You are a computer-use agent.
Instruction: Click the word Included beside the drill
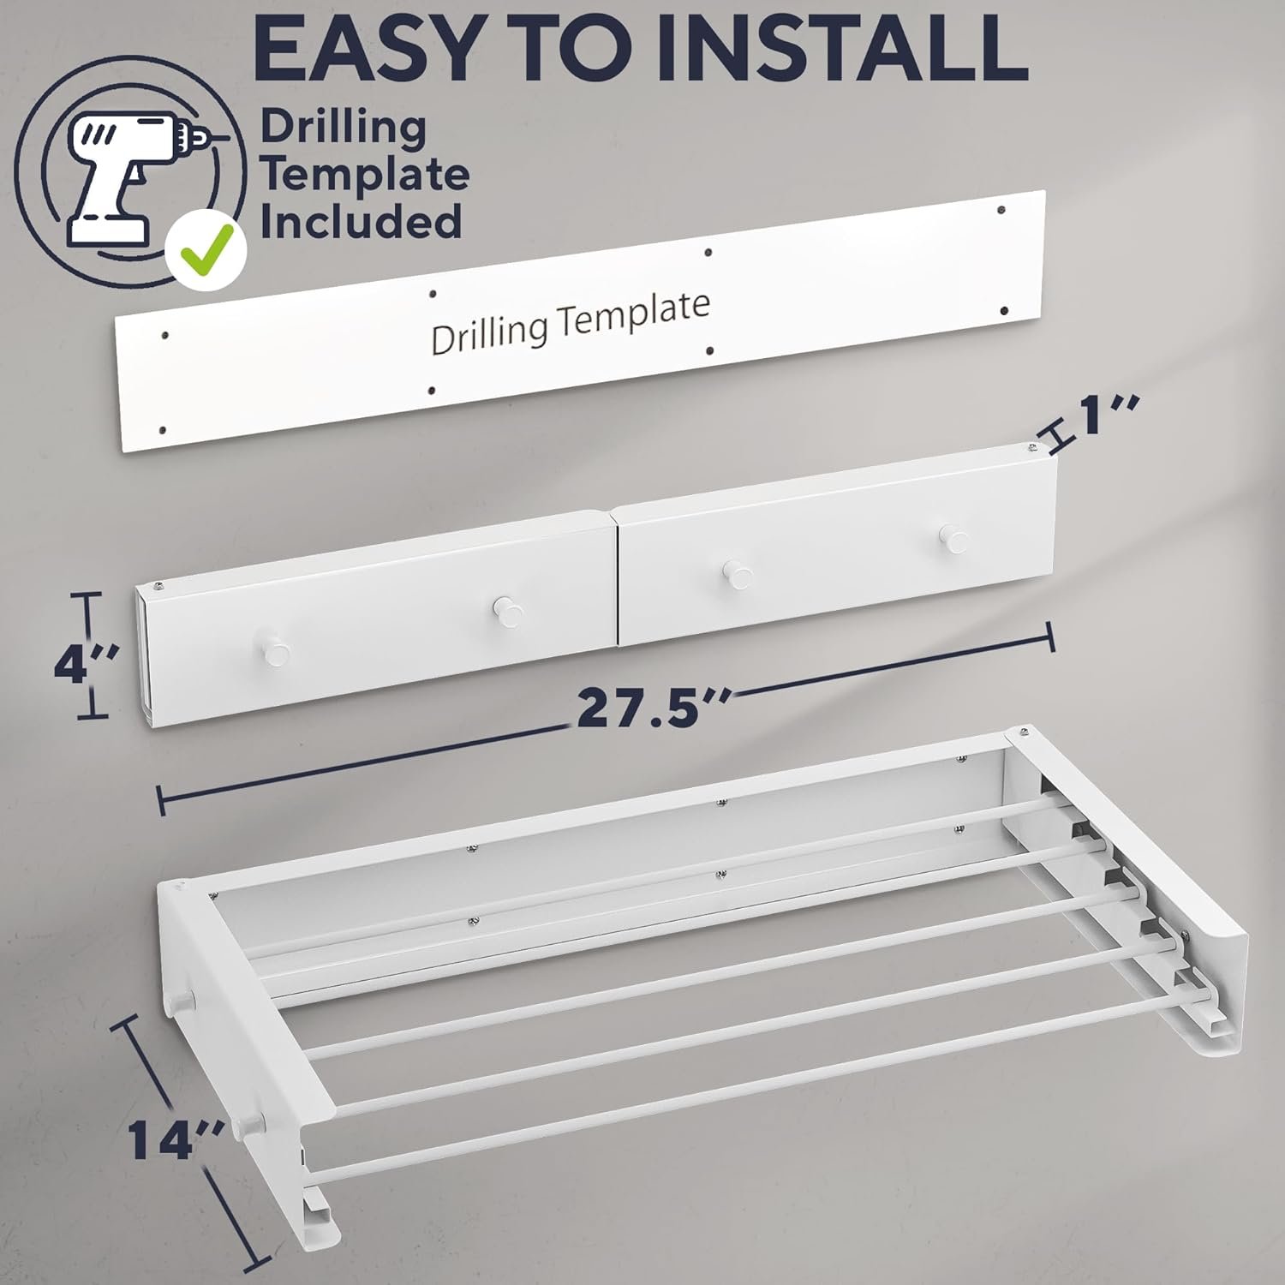coord(361,221)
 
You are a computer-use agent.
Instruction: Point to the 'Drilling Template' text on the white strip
coord(570,323)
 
